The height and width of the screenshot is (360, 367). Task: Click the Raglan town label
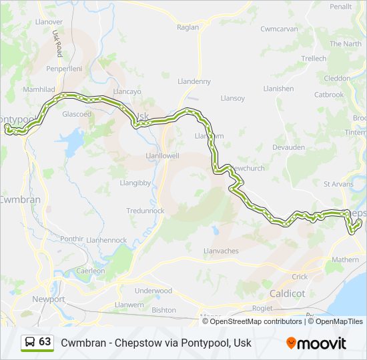click(188, 27)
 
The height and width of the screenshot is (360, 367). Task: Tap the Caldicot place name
click(287, 293)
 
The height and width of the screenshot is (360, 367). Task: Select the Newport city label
click(49, 299)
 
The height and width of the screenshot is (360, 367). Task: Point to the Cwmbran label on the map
click(20, 199)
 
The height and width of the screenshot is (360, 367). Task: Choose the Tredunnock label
click(145, 211)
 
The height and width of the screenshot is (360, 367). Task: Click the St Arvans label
click(337, 183)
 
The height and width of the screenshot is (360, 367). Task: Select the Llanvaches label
click(220, 251)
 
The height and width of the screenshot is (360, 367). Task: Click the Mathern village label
click(345, 260)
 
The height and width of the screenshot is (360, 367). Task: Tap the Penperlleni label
click(64, 69)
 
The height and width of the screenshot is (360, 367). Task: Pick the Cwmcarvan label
click(279, 29)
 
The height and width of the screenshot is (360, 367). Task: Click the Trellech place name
click(314, 59)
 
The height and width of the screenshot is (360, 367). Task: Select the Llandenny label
click(194, 81)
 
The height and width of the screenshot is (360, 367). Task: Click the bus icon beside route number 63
click(30, 342)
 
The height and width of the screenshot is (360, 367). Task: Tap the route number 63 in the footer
click(45, 342)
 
